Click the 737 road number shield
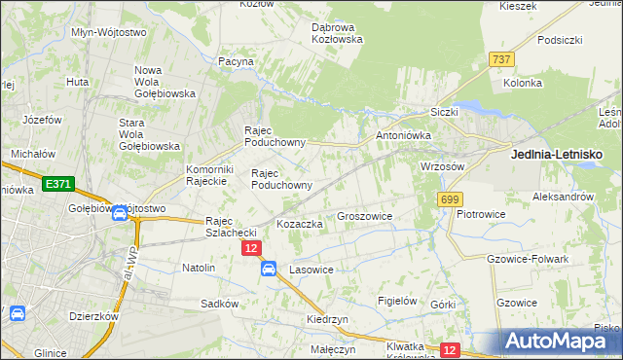point(502,59)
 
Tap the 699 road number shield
point(449,199)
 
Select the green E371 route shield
point(57,183)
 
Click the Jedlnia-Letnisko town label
point(558,155)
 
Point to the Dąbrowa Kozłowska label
point(337,33)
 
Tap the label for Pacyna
point(237,61)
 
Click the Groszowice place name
point(364,217)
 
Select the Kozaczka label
point(300,224)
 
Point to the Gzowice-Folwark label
point(527,259)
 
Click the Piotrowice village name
point(479,213)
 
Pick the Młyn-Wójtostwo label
point(109,32)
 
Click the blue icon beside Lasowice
point(269,270)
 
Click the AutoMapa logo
point(558,341)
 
